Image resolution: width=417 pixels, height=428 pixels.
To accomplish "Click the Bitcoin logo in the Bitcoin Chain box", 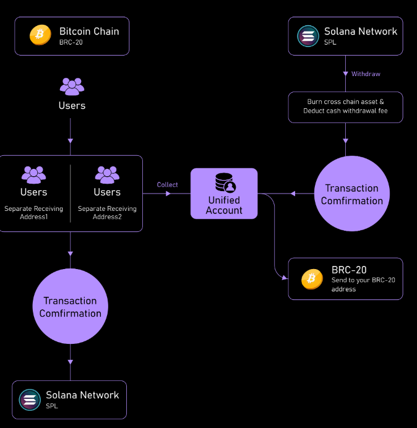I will coord(40,35).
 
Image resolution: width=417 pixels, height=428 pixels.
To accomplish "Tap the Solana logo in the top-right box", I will coord(307,35).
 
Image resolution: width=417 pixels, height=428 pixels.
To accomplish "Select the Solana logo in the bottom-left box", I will coord(30,399).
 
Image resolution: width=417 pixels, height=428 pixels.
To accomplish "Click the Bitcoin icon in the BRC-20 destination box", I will coord(312,279).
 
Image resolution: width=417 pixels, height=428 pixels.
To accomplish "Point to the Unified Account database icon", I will coord(224,182).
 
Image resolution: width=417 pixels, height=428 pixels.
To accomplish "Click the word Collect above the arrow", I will coord(167,184).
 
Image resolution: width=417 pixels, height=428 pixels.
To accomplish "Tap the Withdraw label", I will coord(366,74).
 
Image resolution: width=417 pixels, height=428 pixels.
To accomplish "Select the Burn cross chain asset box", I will coord(345,106).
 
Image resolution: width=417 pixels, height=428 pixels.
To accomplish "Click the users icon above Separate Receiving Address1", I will coord(33,175).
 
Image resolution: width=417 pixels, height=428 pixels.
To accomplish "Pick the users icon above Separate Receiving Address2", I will coord(107,175).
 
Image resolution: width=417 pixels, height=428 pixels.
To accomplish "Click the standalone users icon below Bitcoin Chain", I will coord(72,87).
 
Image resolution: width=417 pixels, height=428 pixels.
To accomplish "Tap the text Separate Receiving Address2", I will coord(107,213).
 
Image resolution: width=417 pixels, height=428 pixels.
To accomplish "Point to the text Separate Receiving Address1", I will coord(33,213).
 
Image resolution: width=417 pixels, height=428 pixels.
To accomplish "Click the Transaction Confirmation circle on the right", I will coord(351,194).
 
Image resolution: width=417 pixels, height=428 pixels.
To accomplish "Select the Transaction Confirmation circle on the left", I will coord(70,307).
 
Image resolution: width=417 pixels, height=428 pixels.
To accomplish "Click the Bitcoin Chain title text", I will coord(89,31).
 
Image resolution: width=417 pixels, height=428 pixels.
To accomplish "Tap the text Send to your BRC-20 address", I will coord(363,285).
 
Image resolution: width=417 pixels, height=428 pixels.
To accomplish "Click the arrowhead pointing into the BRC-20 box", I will coord(285,279).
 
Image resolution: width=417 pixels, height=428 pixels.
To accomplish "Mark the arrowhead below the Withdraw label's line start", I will coord(345,74).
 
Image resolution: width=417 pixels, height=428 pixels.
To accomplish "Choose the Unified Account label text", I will coord(224,205).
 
